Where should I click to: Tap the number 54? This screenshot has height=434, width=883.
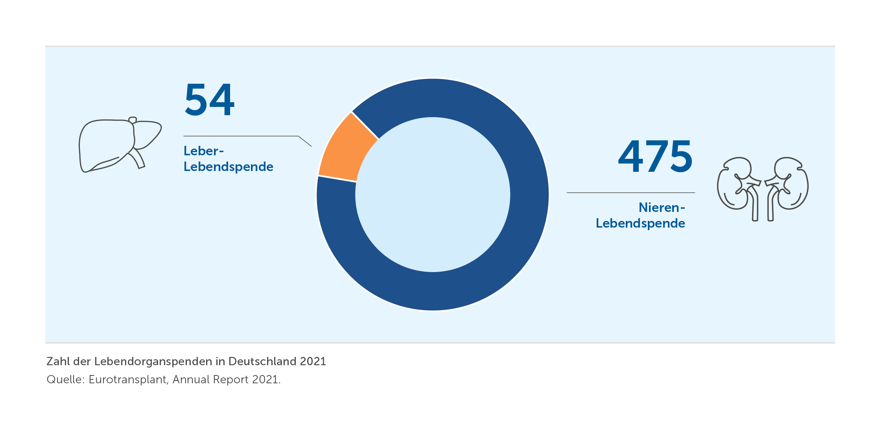coord(209,100)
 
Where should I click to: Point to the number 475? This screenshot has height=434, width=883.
coord(655,156)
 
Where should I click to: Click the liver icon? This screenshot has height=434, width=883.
coord(118,145)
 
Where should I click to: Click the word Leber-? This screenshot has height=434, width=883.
coord(203,151)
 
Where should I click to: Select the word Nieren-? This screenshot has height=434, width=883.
coord(662,208)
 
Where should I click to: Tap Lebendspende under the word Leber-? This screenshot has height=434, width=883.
coord(228,167)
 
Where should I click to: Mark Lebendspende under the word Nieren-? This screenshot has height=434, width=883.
coord(640,223)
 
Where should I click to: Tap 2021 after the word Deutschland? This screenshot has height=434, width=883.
coord(313,361)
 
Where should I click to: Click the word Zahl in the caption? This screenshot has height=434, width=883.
coord(58,361)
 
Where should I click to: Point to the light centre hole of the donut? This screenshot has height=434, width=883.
coord(433,195)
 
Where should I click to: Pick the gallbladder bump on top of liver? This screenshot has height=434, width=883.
coord(133,120)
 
